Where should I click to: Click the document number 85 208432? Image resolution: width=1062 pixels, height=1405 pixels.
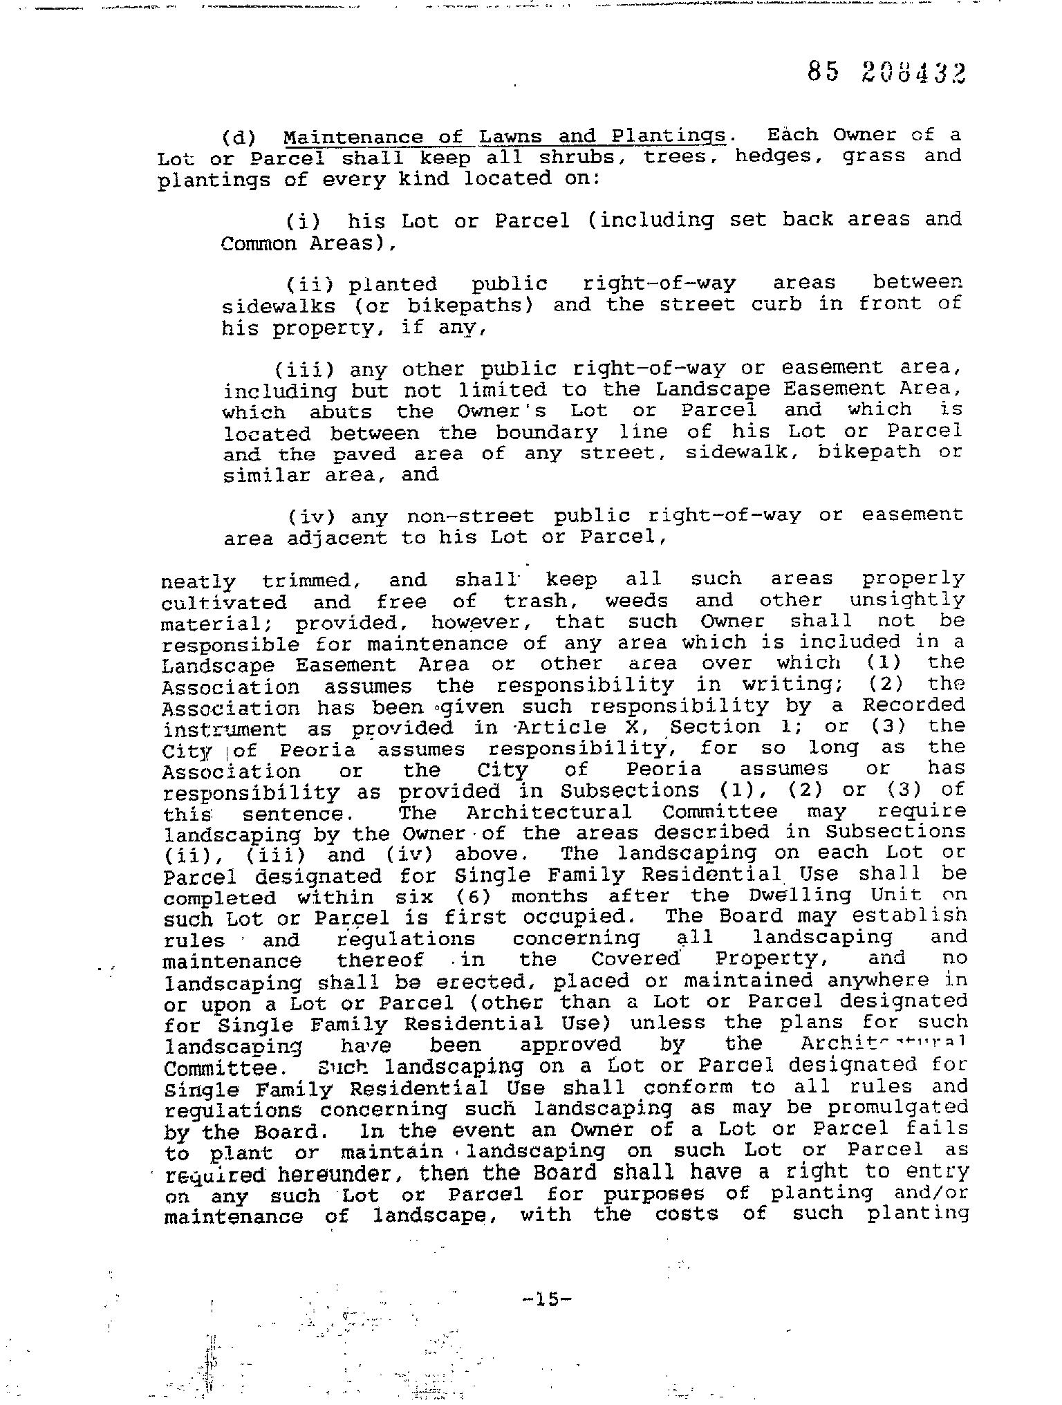click(x=886, y=73)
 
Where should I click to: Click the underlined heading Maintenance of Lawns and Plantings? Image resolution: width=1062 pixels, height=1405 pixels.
click(x=505, y=136)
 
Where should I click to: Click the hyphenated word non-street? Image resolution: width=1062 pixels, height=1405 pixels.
click(x=470, y=516)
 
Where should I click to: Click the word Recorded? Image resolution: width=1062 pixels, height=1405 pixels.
click(x=913, y=705)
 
